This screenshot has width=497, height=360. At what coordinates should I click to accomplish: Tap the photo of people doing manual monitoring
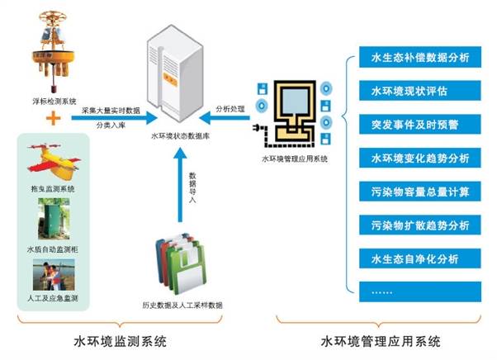tap(53, 276)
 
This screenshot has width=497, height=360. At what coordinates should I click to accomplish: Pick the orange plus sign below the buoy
tap(54, 119)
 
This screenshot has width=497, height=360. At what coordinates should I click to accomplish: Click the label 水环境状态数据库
tap(179, 139)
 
